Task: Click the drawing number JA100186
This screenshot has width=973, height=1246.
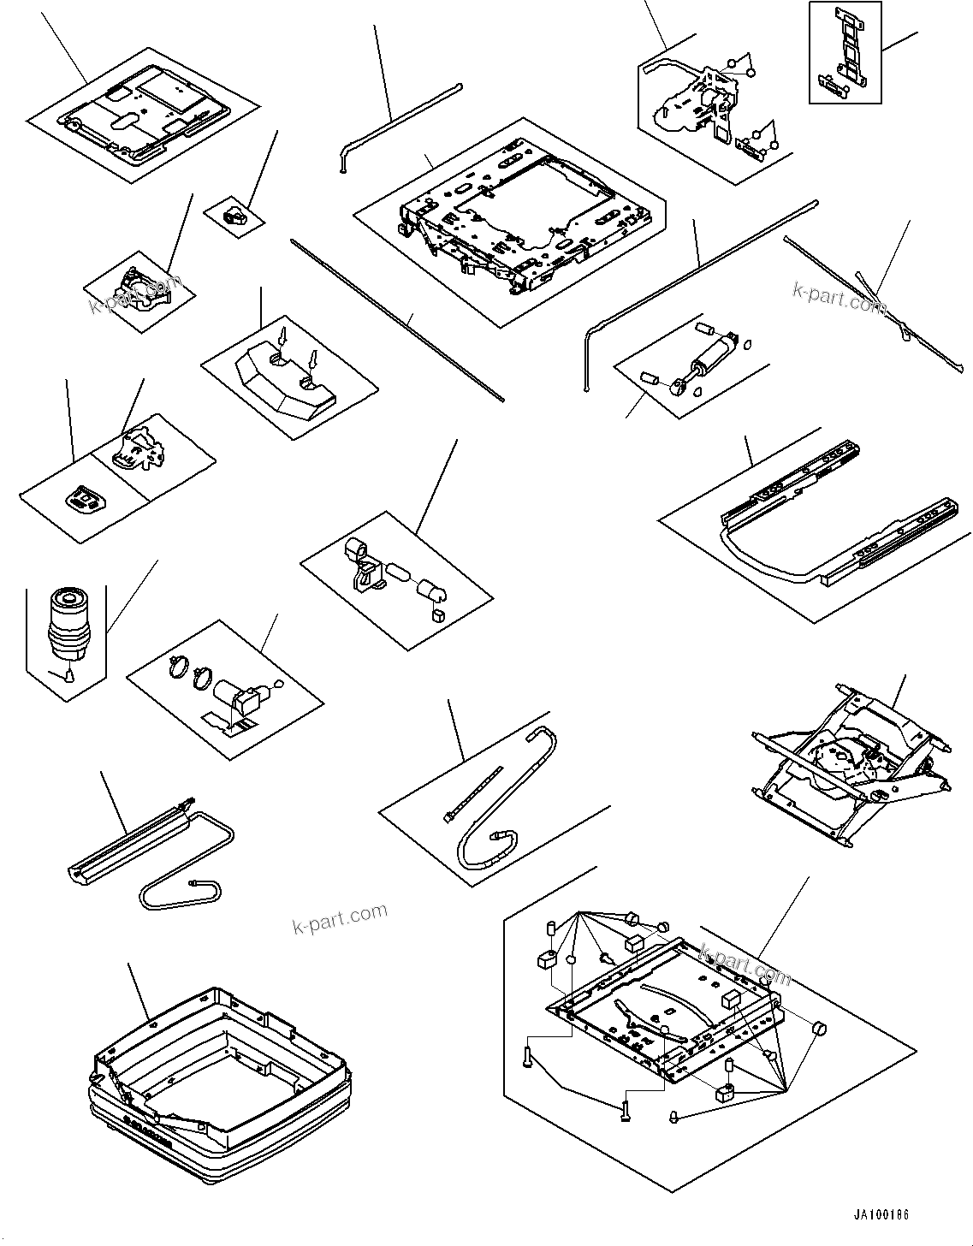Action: coord(881,1215)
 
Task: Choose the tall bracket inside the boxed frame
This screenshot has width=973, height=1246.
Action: coord(844,51)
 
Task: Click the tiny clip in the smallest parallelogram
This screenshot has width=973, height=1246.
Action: coord(234,215)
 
